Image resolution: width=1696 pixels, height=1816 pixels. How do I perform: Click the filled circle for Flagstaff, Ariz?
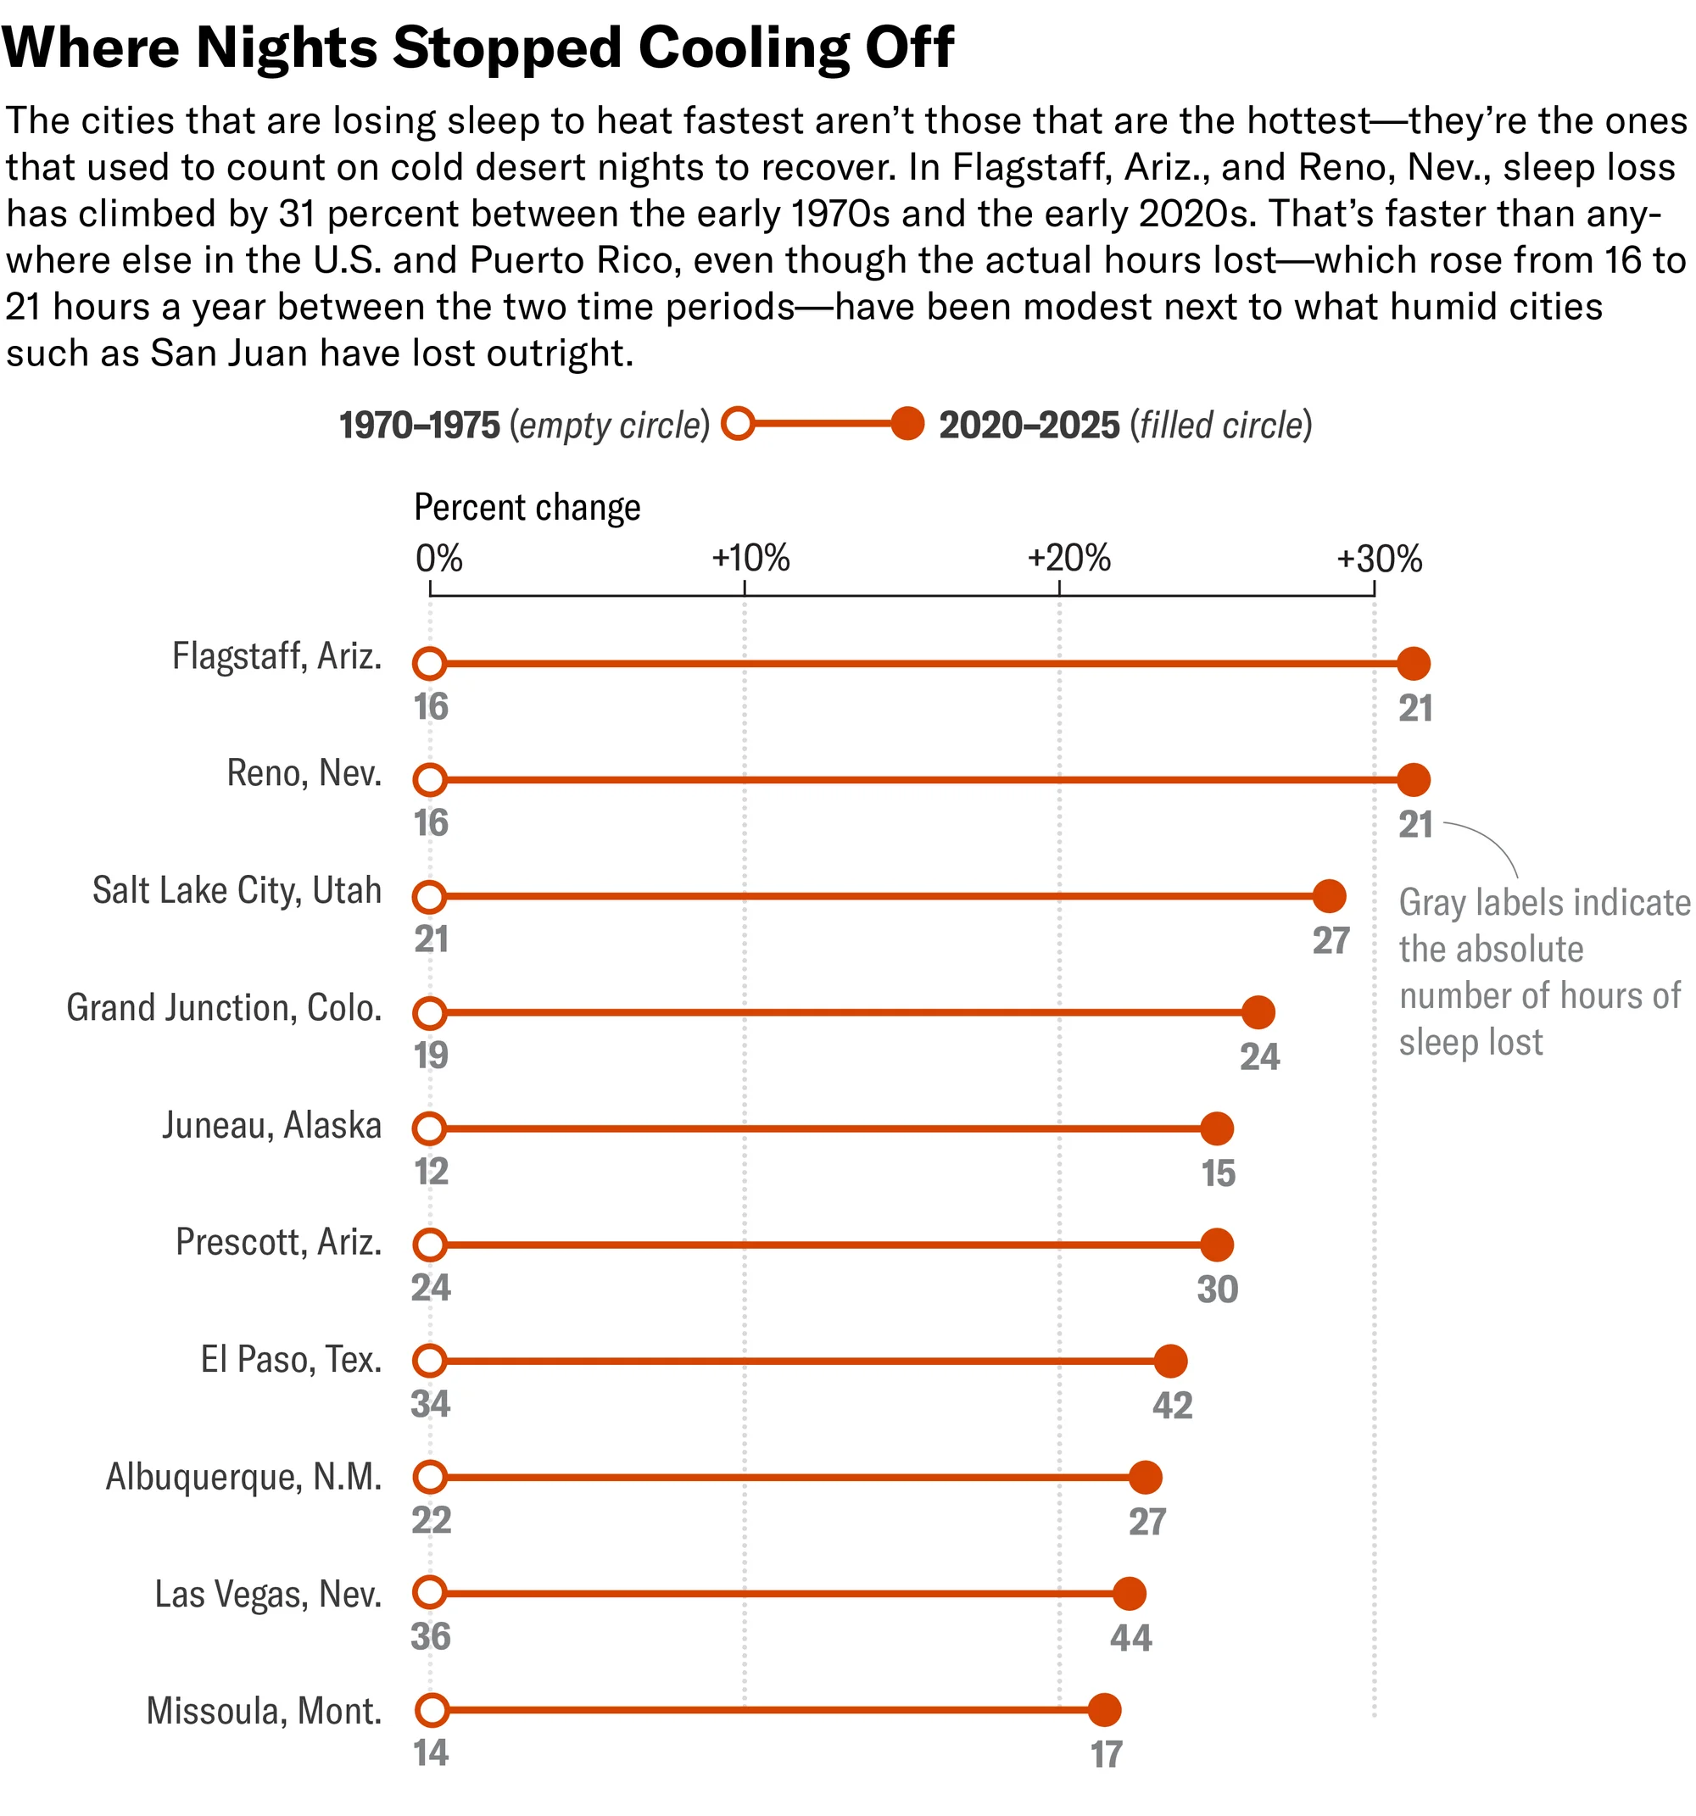tap(1414, 663)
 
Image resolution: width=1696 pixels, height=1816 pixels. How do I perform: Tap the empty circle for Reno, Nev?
tap(429, 780)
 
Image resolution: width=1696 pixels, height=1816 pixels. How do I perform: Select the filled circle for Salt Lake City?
tap(1329, 896)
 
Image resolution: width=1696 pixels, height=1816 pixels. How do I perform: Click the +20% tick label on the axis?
tap(1068, 558)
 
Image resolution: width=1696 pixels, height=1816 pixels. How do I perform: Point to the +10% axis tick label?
tap(750, 558)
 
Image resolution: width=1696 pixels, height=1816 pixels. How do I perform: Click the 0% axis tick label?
tap(438, 558)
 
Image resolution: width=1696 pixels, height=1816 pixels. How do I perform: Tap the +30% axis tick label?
tap(1379, 558)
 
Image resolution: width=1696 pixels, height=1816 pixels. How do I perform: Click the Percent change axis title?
tap(527, 508)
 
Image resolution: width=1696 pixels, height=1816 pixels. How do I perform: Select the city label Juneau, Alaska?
tap(271, 1125)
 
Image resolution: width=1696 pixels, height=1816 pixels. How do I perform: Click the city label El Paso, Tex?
tap(291, 1359)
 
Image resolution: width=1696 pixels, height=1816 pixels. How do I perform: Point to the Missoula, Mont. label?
tap(264, 1711)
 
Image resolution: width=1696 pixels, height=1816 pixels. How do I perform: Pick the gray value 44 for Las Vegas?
tap(1130, 1638)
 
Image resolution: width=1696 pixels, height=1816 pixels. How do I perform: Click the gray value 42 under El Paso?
tap(1173, 1405)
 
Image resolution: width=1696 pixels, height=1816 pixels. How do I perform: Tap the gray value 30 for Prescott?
tap(1217, 1289)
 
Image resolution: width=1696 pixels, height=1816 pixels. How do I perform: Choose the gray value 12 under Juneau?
tap(432, 1171)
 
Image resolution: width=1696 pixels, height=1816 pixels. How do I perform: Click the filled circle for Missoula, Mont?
tap(1104, 1709)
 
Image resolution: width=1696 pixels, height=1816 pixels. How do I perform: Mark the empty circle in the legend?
tap(738, 424)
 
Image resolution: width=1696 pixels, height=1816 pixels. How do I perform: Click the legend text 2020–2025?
tap(1029, 426)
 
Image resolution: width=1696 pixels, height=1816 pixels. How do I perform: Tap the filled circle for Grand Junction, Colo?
tap(1258, 1012)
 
